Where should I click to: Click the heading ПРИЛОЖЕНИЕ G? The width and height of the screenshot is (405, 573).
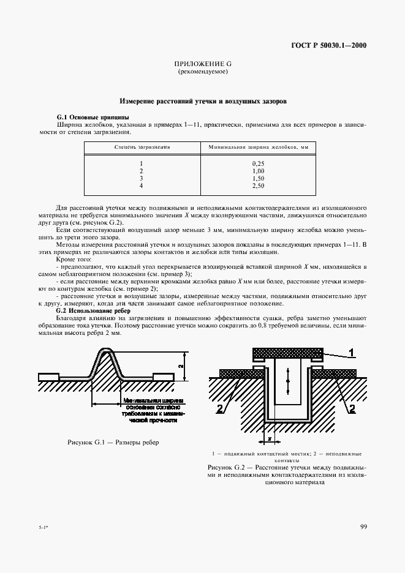[x=202, y=64]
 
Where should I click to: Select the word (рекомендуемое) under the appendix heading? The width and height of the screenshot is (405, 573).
[x=202, y=72]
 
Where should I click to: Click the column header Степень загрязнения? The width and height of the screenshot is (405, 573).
[x=142, y=148]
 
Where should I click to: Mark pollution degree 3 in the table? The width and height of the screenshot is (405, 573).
[x=141, y=178]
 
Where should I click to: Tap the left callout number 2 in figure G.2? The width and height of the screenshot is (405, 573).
[x=219, y=411]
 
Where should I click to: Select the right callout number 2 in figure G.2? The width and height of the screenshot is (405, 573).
[x=352, y=411]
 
